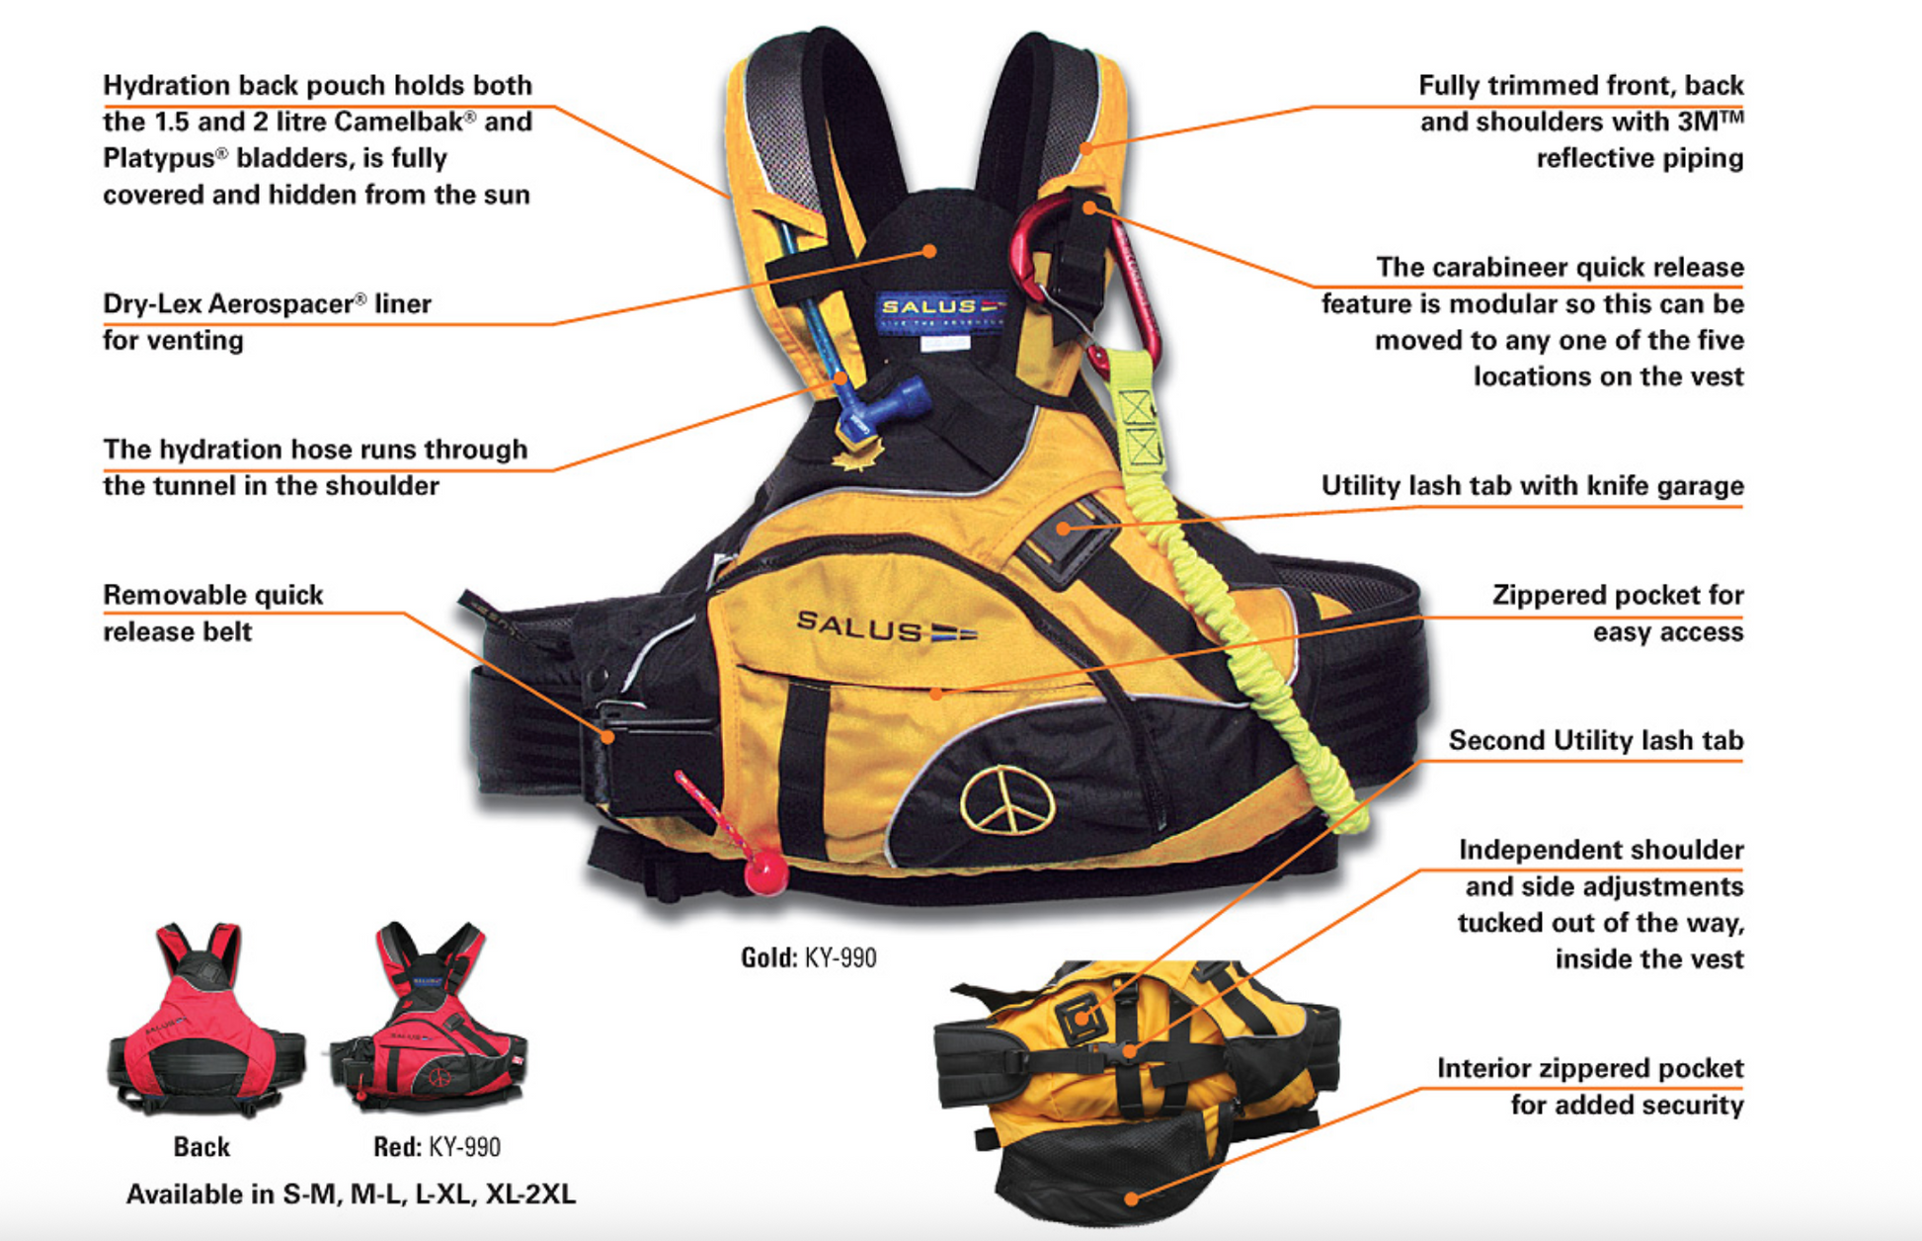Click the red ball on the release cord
[765, 871]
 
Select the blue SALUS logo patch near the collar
[940, 310]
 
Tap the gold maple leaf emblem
[857, 455]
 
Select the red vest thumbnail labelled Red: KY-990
[431, 1018]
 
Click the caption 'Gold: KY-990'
[808, 957]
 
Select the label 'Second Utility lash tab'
[1595, 740]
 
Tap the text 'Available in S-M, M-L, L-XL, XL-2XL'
[351, 1195]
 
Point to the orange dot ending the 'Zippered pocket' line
[936, 693]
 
